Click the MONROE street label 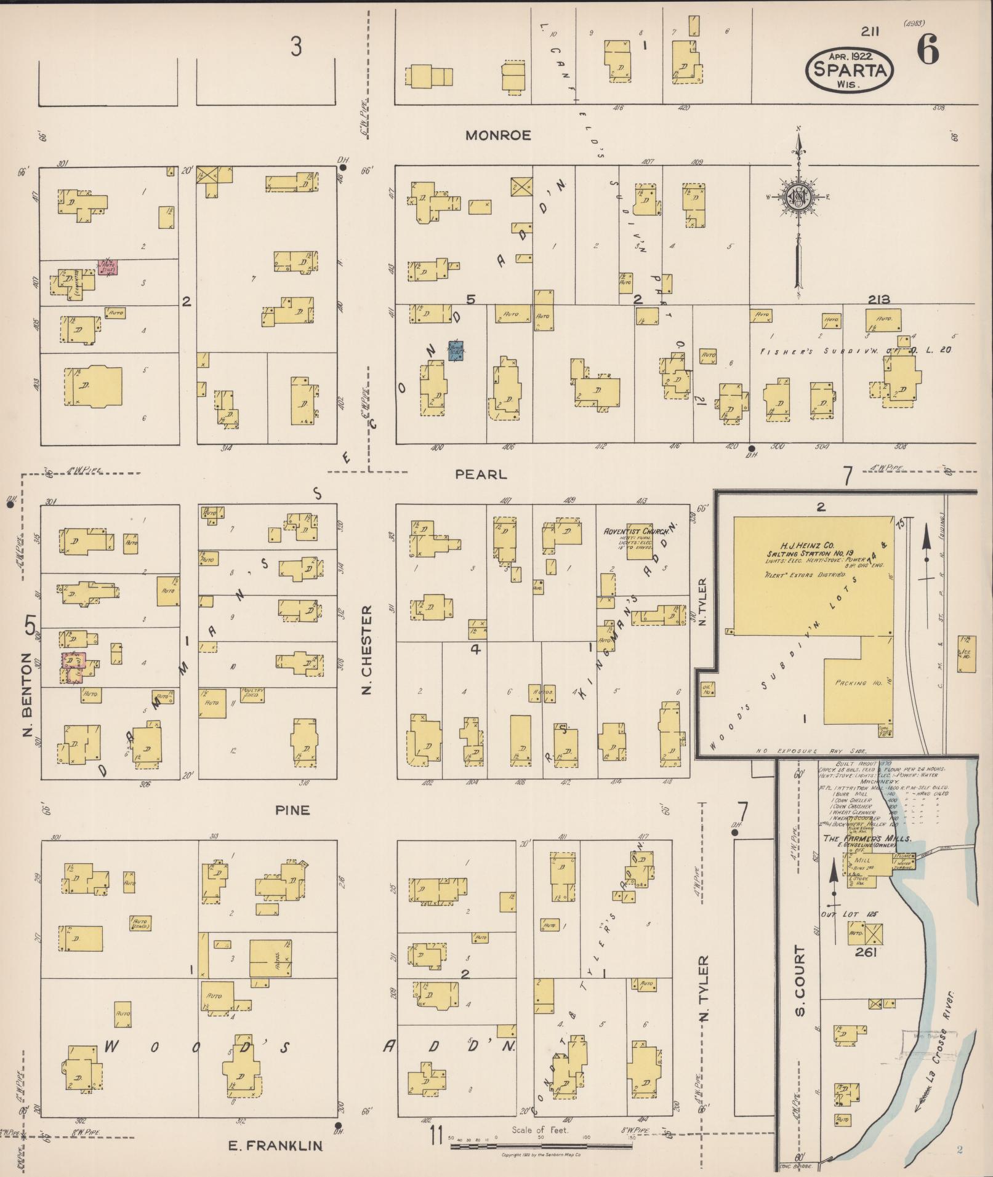coord(497,135)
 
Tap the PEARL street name coord(481,474)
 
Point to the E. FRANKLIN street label coord(275,1145)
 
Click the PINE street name coord(292,810)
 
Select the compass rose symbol coord(798,197)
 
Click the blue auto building coord(456,350)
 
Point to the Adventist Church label coord(631,531)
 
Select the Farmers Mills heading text coord(867,839)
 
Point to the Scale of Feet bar coord(542,1146)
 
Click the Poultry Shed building coord(252,693)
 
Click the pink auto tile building coord(108,267)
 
